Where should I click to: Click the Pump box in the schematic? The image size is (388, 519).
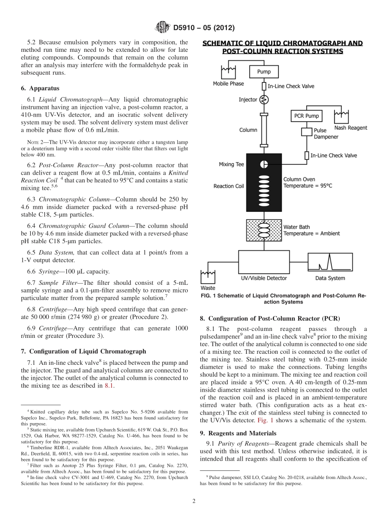263,72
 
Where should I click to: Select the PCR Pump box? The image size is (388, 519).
306,116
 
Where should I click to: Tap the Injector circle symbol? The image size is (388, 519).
263,99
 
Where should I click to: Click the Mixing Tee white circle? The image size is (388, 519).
264,164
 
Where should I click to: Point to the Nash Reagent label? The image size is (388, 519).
350,128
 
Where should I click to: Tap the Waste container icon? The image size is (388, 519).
208,277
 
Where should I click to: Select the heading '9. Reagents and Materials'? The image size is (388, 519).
238,433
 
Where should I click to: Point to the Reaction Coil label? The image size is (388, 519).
229,186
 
